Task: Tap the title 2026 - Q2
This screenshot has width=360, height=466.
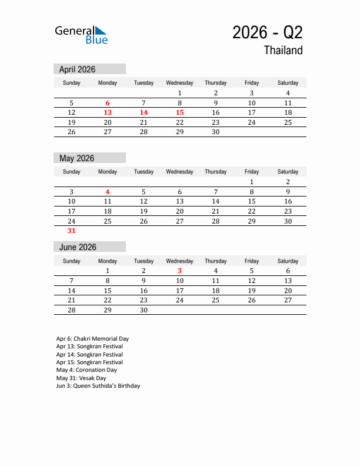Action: coord(268,32)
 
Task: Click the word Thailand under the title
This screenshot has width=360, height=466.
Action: coord(283,51)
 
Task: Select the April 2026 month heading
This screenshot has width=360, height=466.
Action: coord(78,69)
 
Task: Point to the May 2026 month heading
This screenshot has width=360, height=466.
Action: coord(77,158)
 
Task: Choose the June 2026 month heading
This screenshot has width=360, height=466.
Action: coord(78,247)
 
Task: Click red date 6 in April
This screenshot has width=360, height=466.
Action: coord(108,103)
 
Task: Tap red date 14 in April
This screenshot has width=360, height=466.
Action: coord(144,112)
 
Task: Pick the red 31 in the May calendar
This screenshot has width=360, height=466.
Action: coord(72,231)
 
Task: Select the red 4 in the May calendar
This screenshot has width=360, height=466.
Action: coord(108,192)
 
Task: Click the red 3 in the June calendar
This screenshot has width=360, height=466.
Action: coord(179,271)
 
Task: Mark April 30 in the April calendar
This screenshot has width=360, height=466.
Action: coord(215,132)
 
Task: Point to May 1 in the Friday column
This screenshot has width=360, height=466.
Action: coord(252,182)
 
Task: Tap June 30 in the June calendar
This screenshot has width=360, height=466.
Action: coord(144,309)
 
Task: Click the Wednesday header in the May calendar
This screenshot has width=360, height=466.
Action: coord(179,172)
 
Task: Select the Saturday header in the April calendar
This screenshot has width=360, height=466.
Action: coord(288,83)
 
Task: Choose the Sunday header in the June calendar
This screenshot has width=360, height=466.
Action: coord(72,261)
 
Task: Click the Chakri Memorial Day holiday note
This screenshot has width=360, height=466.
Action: coord(92,339)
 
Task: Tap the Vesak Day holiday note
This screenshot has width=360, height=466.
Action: coord(81,378)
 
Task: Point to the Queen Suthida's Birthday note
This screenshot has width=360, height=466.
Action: coord(98,386)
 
